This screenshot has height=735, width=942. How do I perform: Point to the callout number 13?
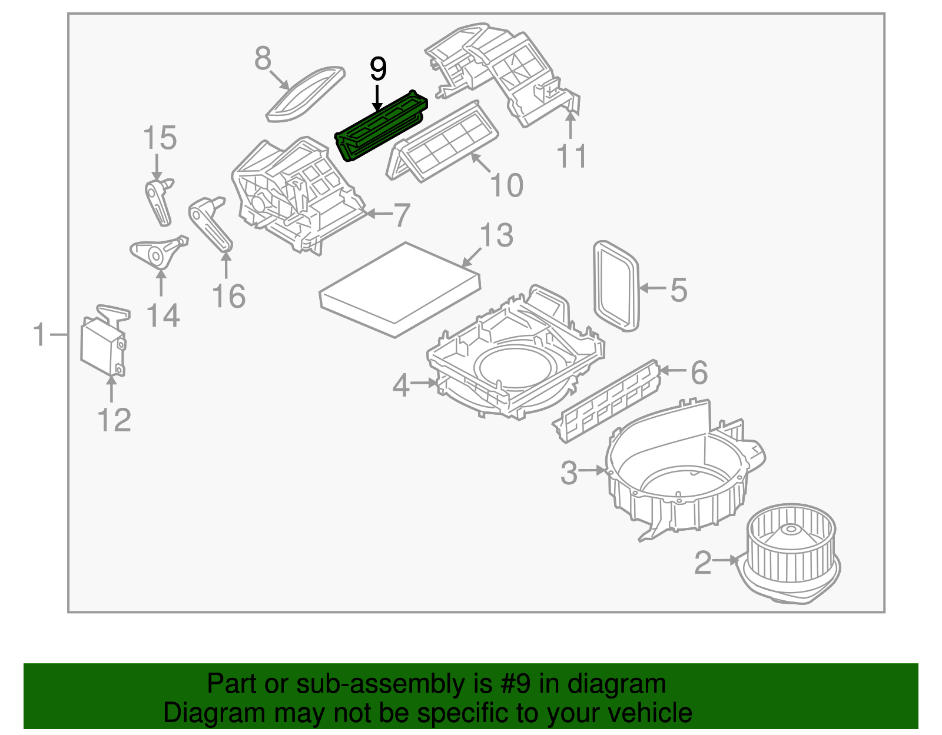pos(496,235)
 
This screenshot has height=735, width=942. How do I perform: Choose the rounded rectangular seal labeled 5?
pos(616,286)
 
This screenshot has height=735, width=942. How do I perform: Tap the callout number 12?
pos(114,420)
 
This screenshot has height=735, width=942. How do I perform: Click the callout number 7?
pos(401,215)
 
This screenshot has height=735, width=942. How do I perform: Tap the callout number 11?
pos(571,156)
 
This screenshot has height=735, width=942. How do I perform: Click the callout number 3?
pos(569,473)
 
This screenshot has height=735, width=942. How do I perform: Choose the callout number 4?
pos(401,386)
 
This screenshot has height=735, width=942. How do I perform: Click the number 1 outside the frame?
pos(39,335)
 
